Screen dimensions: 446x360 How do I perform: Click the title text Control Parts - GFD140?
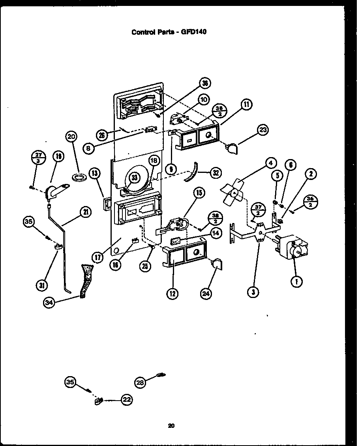[169, 32]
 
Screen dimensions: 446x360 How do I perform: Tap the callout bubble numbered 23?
[262, 130]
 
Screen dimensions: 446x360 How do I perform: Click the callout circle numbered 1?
[296, 281]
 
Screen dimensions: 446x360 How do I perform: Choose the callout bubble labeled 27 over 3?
[38, 157]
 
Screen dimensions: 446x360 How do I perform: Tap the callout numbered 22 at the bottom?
[126, 400]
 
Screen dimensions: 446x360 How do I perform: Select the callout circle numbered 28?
[140, 382]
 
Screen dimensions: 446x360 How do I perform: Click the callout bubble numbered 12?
[172, 293]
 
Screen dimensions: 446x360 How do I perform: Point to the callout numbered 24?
[206, 293]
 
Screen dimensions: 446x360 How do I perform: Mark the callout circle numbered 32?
[216, 172]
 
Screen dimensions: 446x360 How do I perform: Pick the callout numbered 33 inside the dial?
[135, 178]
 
